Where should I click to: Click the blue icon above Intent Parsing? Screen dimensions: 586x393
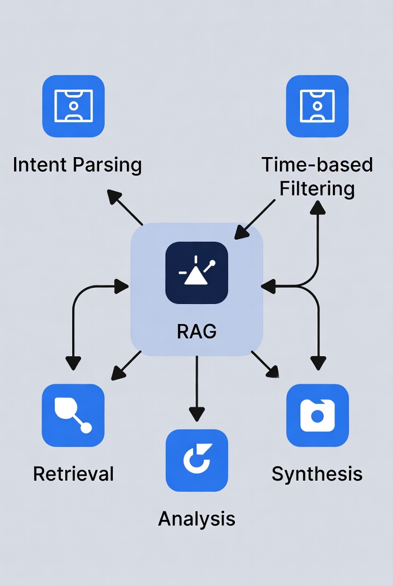click(73, 106)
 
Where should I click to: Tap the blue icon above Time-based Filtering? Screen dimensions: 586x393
click(317, 106)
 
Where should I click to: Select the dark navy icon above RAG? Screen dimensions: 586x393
click(197, 273)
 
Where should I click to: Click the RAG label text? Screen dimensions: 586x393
click(197, 331)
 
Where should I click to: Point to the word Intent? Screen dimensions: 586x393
click(40, 165)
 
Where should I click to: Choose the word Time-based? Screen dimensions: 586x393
click(317, 165)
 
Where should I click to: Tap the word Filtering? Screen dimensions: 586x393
click(317, 189)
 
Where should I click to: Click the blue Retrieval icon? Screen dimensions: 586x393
click(73, 415)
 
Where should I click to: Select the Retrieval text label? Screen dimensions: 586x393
click(73, 474)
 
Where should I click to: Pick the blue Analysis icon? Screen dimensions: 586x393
click(197, 460)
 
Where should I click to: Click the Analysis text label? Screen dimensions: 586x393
click(197, 518)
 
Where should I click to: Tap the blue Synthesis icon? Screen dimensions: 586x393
click(317, 415)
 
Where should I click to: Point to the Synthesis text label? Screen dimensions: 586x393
click(317, 474)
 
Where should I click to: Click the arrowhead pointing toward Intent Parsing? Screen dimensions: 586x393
click(115, 197)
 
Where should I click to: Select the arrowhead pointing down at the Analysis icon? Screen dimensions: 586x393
click(197, 414)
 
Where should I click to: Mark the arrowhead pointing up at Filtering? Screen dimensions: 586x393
click(317, 207)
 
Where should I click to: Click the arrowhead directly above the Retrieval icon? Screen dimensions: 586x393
click(73, 363)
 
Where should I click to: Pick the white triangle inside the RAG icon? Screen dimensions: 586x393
click(195, 276)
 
